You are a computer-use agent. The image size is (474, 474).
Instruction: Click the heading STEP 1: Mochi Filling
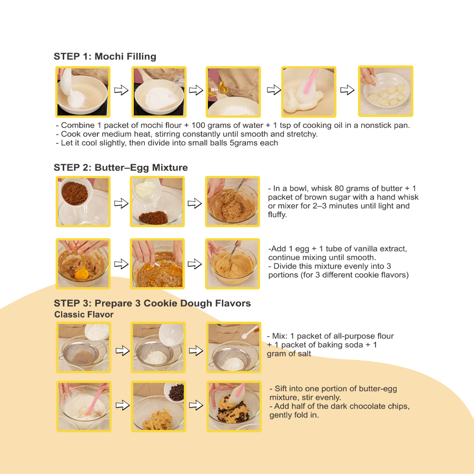(105, 56)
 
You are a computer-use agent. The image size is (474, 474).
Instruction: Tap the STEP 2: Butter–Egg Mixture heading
(121, 167)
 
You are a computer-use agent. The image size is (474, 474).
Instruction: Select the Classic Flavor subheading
(84, 314)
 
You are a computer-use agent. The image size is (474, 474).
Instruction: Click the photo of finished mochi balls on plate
(385, 91)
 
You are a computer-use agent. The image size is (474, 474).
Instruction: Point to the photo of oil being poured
(233, 91)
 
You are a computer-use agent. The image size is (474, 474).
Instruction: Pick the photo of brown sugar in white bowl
(83, 202)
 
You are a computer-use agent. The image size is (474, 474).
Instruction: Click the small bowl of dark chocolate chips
(176, 391)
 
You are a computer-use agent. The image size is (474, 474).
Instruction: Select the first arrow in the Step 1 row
(122, 91)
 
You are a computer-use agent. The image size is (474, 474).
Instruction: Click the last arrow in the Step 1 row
(347, 90)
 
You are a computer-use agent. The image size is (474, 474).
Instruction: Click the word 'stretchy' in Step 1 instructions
(302, 134)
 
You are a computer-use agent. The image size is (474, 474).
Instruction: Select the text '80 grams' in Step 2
(345, 189)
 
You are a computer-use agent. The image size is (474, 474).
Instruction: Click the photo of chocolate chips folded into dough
(233, 407)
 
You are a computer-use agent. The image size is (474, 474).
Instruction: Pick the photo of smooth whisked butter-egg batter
(233, 263)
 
